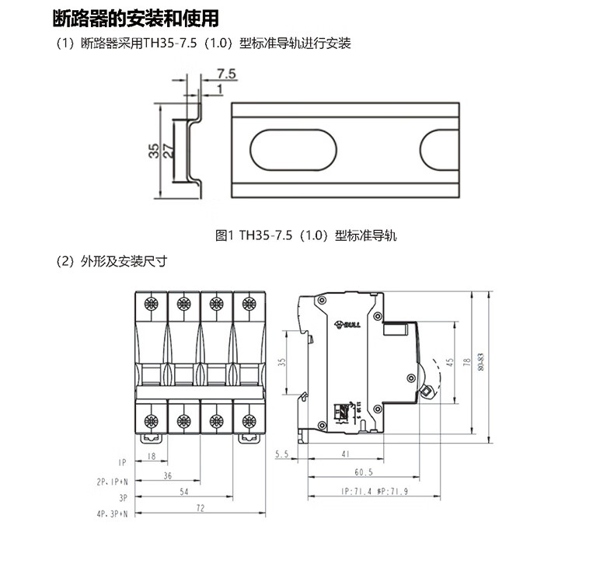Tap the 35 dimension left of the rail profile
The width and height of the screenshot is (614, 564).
(155, 150)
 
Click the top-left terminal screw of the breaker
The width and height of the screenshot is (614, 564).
(152, 304)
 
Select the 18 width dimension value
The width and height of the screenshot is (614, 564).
(152, 457)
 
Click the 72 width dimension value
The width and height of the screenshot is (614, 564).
(200, 508)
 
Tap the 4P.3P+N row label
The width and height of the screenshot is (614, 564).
(113, 514)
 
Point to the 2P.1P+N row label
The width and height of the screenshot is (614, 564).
(113, 481)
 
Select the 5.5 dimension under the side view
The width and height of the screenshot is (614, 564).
(281, 455)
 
